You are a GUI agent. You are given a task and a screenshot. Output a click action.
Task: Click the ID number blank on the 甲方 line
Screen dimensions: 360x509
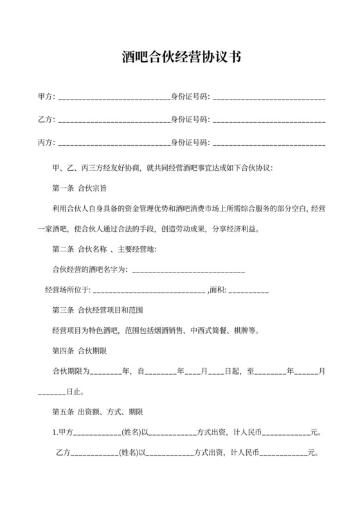269,98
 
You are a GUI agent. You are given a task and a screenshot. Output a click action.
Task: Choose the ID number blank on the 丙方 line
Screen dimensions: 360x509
269,142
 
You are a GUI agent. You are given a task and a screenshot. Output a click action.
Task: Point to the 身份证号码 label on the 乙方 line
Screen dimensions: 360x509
190,120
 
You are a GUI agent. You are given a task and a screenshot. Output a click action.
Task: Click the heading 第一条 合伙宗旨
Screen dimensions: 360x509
79,188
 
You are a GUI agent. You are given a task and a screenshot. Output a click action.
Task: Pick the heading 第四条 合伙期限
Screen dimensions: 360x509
79,351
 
